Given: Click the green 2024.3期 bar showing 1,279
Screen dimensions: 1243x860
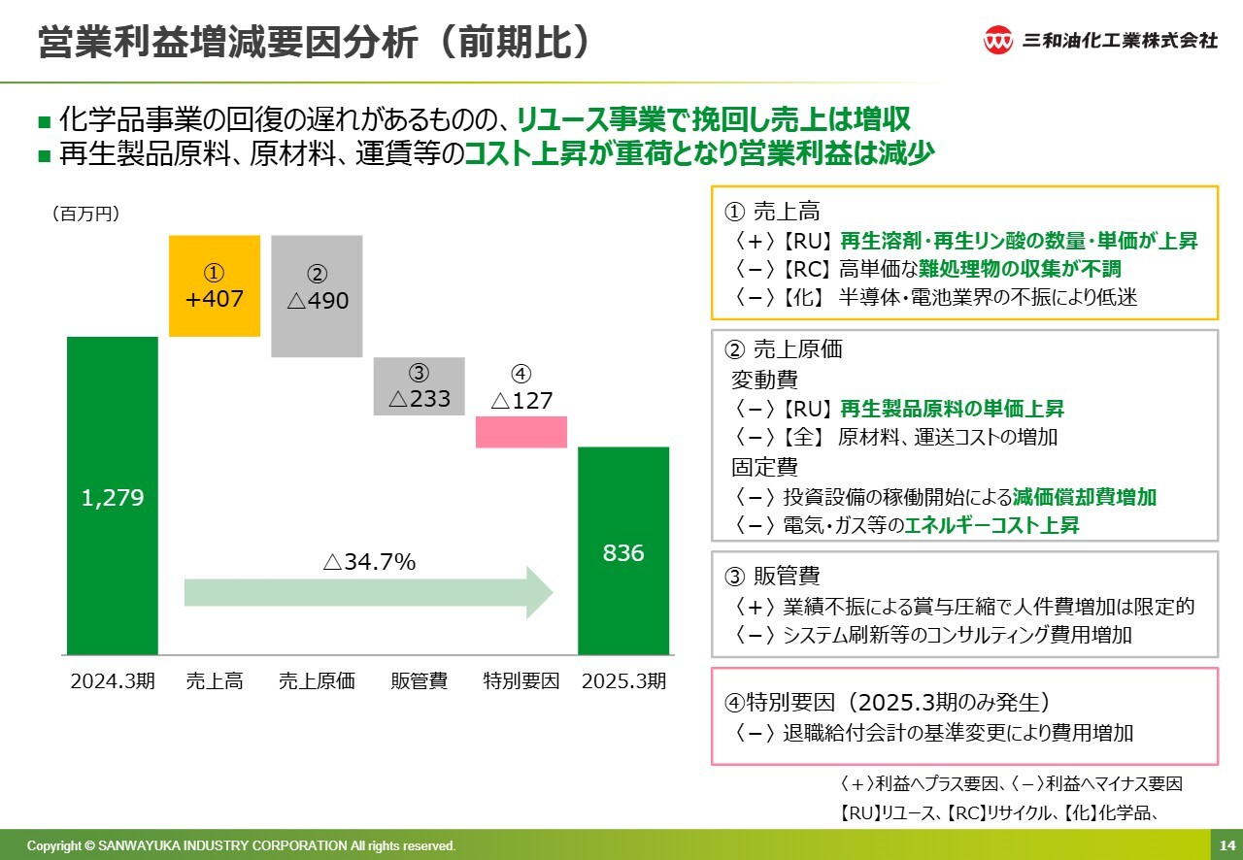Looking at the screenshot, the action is pyautogui.click(x=113, y=495).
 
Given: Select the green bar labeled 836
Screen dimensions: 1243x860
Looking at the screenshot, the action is pyautogui.click(x=623, y=551).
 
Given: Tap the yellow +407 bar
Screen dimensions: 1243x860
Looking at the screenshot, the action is pyautogui.click(x=215, y=285).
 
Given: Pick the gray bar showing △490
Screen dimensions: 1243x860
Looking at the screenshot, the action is pyautogui.click(x=317, y=296).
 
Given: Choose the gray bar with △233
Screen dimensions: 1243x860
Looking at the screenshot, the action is pyautogui.click(x=419, y=386).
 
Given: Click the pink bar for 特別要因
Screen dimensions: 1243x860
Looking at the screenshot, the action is pyautogui.click(x=521, y=432).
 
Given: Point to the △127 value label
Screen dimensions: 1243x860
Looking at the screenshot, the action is pyautogui.click(x=522, y=400).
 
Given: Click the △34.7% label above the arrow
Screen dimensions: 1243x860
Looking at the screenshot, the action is pyautogui.click(x=370, y=561).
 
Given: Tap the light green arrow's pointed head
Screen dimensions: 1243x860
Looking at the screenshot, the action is pyautogui.click(x=553, y=592).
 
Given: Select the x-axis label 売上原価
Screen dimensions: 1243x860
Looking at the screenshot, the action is pyautogui.click(x=317, y=680).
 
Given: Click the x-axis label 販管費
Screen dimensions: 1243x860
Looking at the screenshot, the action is pyautogui.click(x=419, y=680).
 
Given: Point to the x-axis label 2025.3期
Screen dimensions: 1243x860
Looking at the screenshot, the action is pyautogui.click(x=623, y=680).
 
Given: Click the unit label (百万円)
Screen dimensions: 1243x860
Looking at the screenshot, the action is pyautogui.click(x=86, y=214).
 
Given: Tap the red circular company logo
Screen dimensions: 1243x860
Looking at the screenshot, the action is pyautogui.click(x=997, y=40).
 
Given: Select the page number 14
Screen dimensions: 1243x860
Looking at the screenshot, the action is pyautogui.click(x=1226, y=845).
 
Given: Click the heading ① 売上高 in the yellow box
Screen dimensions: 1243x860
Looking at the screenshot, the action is pyautogui.click(x=772, y=212).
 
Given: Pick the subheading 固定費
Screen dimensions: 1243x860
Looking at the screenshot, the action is pyautogui.click(x=764, y=467).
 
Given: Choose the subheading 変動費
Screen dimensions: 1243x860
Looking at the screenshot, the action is pyautogui.click(x=764, y=380).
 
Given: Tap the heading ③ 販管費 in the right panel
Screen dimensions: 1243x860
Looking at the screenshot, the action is pyautogui.click(x=772, y=576).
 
